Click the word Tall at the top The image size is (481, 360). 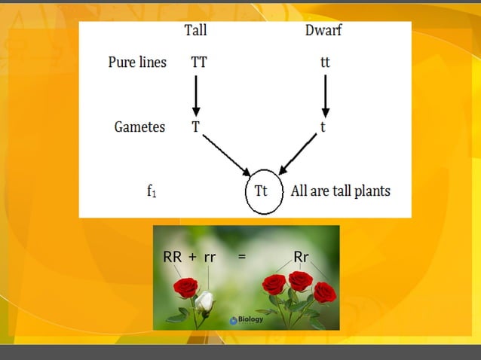195,31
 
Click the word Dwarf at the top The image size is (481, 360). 323,31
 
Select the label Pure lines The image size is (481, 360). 137,63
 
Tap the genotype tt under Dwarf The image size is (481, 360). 325,63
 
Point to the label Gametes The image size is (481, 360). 139,127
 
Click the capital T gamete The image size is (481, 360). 195,127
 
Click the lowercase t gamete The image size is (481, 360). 323,127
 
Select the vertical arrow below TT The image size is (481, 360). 196,94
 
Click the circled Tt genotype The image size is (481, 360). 262,191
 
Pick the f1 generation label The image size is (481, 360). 152,191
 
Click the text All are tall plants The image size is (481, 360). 341,191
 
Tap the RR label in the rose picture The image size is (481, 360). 172,257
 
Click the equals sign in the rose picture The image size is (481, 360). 241,257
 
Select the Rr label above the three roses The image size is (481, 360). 301,257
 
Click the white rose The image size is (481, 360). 205,301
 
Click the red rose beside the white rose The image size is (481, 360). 185,287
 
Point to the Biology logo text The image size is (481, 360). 251,319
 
